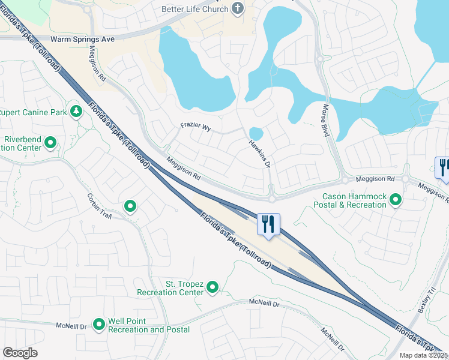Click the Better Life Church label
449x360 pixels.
click(x=195, y=9)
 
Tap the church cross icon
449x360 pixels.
click(x=238, y=8)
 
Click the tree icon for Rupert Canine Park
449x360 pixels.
click(x=76, y=112)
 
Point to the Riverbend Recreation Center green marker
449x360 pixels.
click(x=50, y=143)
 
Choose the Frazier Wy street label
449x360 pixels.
click(x=196, y=128)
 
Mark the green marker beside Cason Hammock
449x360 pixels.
click(x=396, y=199)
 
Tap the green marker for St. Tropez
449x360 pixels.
click(x=212, y=288)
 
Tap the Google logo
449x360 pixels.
click(x=20, y=353)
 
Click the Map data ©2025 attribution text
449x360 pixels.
click(x=423, y=355)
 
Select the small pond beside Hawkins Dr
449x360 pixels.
click(x=256, y=133)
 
